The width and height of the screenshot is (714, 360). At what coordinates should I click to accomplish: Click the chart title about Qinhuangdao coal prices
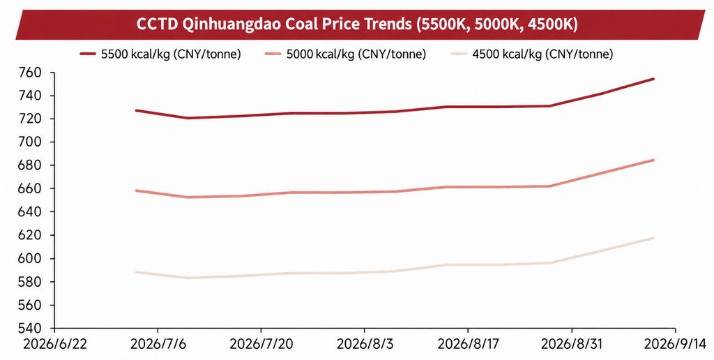click(357, 24)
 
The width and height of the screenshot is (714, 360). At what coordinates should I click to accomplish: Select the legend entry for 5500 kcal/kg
click(160, 54)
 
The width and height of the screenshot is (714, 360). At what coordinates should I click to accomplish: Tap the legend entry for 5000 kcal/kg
click(345, 54)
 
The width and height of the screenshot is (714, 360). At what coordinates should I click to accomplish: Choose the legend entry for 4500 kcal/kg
click(532, 54)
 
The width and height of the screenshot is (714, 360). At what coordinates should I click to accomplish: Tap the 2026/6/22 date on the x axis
click(54, 344)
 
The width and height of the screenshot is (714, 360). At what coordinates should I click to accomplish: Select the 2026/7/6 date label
click(158, 344)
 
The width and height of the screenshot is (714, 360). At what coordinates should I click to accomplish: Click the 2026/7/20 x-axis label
click(261, 344)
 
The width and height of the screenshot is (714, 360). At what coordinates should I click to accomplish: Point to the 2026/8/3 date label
click(364, 344)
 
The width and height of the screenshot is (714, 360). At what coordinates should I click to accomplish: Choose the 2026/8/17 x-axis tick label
click(468, 344)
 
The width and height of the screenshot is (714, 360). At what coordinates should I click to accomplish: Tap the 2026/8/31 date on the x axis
click(572, 344)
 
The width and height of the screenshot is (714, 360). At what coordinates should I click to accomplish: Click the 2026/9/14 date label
click(675, 344)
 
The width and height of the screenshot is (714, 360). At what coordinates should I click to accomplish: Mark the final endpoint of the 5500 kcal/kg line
click(653, 79)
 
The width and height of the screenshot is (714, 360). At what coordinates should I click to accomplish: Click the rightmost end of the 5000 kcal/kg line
click(653, 160)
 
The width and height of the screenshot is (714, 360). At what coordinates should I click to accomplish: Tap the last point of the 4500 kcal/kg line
click(653, 238)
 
